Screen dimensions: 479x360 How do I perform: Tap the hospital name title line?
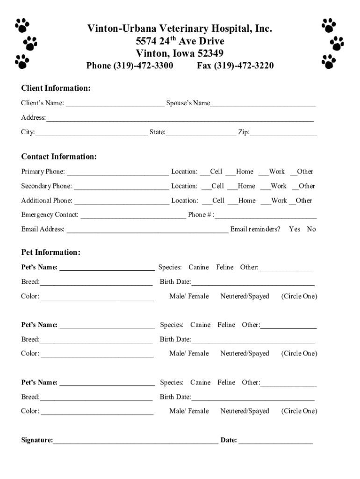coord(180,29)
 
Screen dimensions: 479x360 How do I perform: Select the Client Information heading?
coord(56,88)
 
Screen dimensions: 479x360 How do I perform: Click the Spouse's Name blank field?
coord(263,103)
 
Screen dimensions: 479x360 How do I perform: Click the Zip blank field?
coord(283,132)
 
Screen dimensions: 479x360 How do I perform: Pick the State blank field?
coord(201,132)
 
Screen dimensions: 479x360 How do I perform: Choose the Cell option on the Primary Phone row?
coord(212,172)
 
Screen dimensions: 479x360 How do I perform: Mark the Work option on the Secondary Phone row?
coord(274,186)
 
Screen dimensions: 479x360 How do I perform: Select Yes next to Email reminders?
coord(295,229)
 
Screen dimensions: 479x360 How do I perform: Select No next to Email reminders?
coord(311,229)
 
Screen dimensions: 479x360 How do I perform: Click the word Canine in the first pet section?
coord(199,268)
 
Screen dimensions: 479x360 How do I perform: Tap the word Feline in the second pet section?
coord(226,325)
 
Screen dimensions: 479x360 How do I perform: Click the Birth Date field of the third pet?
coord(252,397)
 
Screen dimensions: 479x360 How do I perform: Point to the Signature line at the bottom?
coord(136,440)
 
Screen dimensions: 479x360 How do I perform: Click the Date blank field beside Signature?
coord(276,440)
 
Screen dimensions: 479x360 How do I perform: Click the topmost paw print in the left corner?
coord(22,25)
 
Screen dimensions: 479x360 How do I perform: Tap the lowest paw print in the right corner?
coord(329,61)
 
